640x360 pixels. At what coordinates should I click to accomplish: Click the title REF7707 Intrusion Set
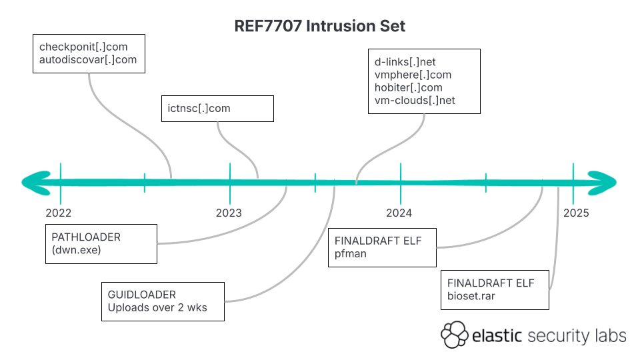(320, 26)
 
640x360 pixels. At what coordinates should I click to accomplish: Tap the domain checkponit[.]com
(83, 47)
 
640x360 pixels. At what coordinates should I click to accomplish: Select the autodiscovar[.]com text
(88, 60)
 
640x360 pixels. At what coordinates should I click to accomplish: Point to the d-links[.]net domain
(405, 62)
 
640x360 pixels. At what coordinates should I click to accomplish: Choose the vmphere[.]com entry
(413, 75)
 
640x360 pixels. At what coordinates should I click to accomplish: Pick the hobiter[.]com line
(409, 87)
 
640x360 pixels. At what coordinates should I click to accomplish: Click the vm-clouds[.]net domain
(415, 101)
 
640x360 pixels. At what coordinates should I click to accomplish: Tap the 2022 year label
(59, 213)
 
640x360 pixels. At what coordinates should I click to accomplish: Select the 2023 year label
(229, 213)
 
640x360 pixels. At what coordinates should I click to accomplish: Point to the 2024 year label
(399, 213)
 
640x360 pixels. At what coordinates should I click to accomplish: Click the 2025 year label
(576, 213)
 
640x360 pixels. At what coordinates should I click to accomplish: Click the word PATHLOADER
(86, 237)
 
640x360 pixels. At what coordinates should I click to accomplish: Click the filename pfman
(351, 254)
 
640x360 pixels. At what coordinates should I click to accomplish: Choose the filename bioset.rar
(471, 296)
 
